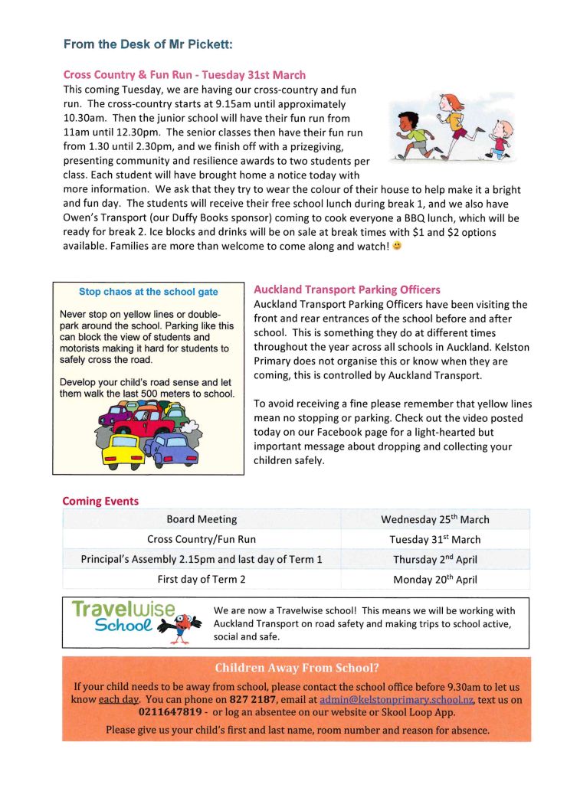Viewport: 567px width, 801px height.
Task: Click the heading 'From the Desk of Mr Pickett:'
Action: pyautogui.click(x=147, y=44)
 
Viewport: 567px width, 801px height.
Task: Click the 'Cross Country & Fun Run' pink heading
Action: pyautogui.click(x=184, y=75)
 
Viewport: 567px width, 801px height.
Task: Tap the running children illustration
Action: pyautogui.click(x=450, y=127)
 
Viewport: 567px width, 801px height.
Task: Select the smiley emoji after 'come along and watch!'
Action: pyautogui.click(x=397, y=247)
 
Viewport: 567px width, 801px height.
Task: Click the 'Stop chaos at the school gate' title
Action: pyautogui.click(x=148, y=292)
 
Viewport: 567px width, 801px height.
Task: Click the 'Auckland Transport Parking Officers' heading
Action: pyautogui.click(x=346, y=289)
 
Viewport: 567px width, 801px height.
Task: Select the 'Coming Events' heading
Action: pyautogui.click(x=100, y=502)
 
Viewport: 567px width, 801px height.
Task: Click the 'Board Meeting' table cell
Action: pyautogui.click(x=202, y=519)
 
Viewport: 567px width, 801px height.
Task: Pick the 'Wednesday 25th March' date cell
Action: pyautogui.click(x=434, y=519)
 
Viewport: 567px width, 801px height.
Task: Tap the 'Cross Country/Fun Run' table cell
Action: pyautogui.click(x=202, y=539)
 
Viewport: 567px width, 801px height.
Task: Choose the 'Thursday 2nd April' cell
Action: pyautogui.click(x=434, y=559)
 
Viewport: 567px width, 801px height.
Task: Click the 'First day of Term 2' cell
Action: pyautogui.click(x=202, y=579)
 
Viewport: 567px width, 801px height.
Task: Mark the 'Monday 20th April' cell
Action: pyautogui.click(x=434, y=579)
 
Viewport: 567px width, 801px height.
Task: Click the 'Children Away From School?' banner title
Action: pyautogui.click(x=297, y=668)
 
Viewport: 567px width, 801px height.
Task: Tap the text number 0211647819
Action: pyautogui.click(x=170, y=713)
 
